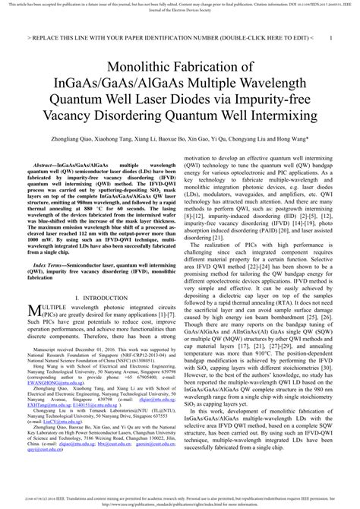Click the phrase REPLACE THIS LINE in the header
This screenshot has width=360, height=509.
[x=68, y=36]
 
